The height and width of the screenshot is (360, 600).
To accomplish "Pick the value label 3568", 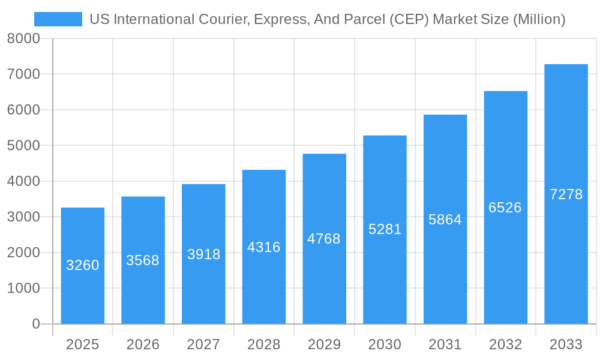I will [x=143, y=260].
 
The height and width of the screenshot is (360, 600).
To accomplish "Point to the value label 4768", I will [x=324, y=239].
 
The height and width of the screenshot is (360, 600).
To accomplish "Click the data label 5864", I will [x=445, y=220].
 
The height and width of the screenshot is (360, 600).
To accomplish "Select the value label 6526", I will [x=505, y=208].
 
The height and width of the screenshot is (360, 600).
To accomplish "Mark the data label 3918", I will [x=203, y=254].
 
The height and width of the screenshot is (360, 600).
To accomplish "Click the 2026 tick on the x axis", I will [x=143, y=344].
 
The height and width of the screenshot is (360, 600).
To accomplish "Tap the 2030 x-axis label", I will [x=385, y=344].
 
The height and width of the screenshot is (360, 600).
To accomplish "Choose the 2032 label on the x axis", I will [x=505, y=344].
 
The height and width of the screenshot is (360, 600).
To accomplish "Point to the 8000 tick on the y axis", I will [x=23, y=38].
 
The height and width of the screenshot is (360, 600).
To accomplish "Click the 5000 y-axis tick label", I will [x=23, y=145].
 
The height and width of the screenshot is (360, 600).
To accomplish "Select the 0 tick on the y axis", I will [x=35, y=324].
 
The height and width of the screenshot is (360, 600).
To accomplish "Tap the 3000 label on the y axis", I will [x=23, y=217].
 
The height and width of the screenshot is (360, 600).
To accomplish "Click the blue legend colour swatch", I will [x=58, y=19].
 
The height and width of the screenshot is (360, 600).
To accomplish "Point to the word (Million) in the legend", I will [x=539, y=19].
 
